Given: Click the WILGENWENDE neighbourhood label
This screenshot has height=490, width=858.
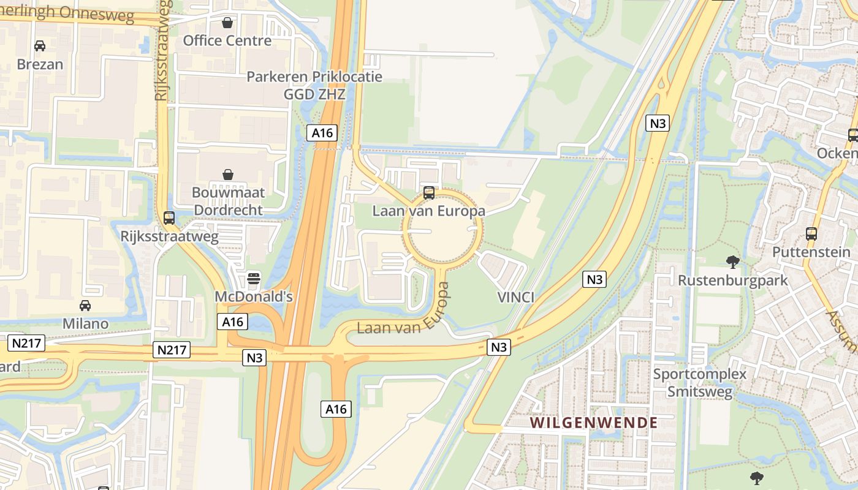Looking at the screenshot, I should coord(593,423).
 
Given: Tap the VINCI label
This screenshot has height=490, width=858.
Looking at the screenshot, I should coord(515,298).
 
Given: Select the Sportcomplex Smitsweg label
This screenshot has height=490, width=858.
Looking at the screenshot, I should coord(700,383).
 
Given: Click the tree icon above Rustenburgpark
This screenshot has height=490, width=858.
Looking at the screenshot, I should coord(732,262).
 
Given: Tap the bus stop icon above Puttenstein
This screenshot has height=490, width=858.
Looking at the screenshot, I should coord(811,233).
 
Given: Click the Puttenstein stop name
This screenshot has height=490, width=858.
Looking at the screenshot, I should coord(811,252).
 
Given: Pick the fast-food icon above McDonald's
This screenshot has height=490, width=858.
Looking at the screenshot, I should coord(254,279).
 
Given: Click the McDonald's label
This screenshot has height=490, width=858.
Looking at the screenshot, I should coord(254,296).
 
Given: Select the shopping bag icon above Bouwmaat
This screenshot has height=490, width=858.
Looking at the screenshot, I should coord(228,175).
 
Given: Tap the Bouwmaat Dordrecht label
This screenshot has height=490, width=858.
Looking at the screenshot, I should coord(228,201).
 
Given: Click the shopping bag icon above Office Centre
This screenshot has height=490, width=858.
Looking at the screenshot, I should coord(227,23).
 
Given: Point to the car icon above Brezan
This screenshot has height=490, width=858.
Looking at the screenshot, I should coord(40,46).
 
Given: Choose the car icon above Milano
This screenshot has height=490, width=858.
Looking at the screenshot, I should coord(85,306).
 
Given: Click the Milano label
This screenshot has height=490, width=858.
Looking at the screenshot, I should coord(85,323).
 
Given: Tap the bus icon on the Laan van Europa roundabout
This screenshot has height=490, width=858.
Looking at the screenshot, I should coord(429,193).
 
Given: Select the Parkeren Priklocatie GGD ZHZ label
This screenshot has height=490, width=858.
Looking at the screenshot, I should coord(314,85).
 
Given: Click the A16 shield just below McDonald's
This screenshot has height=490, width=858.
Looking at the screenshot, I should coord(232,322).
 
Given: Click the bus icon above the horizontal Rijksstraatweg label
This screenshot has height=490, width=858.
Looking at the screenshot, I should coord(169,218).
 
